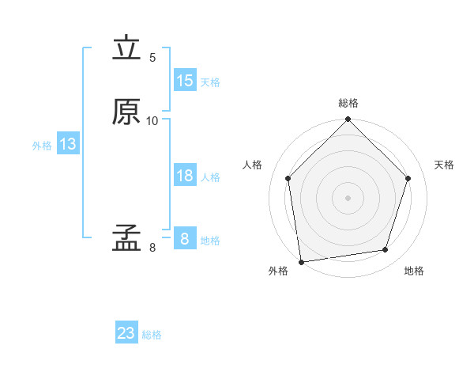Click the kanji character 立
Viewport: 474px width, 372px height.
click(126, 49)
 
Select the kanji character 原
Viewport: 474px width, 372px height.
click(126, 112)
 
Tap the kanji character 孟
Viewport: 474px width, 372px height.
click(126, 237)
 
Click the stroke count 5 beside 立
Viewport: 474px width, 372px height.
click(152, 58)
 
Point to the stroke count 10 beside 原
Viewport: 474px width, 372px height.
click(152, 120)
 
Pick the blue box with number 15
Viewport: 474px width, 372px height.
click(184, 81)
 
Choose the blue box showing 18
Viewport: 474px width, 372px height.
click(184, 176)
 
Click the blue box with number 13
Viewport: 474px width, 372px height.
click(68, 144)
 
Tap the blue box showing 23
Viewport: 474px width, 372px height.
click(126, 333)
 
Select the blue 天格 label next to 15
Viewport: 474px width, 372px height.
click(210, 82)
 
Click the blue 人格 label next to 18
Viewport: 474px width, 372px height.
click(210, 177)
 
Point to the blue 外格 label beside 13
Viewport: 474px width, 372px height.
click(42, 146)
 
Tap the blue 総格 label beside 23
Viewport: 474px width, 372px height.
click(152, 335)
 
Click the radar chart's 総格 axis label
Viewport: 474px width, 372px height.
click(348, 103)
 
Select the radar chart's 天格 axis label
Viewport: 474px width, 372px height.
click(444, 165)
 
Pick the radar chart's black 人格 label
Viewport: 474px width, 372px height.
click(253, 165)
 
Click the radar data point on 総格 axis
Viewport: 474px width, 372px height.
click(348, 120)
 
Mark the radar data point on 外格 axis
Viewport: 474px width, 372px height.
click(301, 261)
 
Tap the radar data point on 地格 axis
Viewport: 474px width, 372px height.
click(386, 250)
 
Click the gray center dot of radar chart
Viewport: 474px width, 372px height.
click(348, 197)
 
